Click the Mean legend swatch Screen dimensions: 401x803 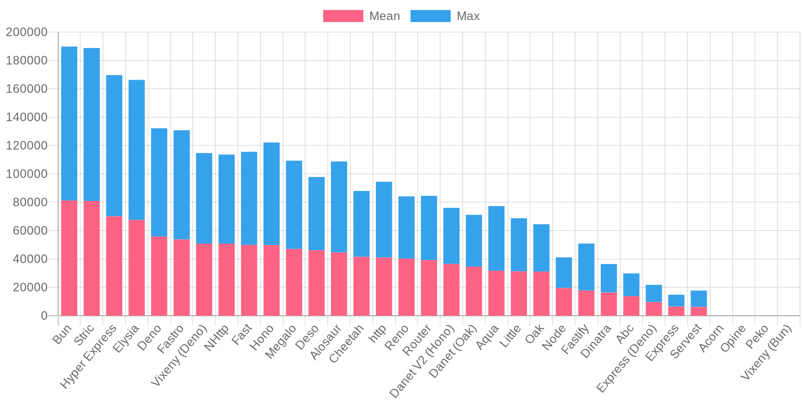343,16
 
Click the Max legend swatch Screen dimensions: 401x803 430,16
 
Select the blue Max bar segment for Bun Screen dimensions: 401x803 69,123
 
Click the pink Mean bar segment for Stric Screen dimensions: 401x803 92,258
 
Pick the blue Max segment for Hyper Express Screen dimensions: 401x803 114,145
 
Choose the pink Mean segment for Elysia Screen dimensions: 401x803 137,268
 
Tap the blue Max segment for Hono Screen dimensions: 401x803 272,193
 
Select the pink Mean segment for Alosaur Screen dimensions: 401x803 339,284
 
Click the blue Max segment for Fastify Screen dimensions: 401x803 586,267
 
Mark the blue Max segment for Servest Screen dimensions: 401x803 699,299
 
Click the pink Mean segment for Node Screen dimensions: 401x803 564,302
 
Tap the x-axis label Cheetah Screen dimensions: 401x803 346,343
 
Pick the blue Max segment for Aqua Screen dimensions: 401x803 496,238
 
